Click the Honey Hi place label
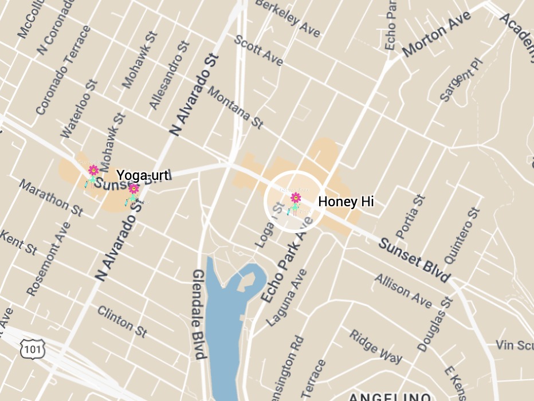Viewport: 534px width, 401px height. click(346, 202)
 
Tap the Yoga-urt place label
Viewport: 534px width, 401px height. click(143, 175)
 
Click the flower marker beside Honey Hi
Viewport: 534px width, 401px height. click(295, 201)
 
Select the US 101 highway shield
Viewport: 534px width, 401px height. click(29, 348)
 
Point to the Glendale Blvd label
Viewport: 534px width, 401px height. click(199, 314)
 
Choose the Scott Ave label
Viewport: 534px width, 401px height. click(258, 50)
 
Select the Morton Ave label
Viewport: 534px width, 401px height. click(436, 34)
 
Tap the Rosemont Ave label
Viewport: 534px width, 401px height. click(49, 258)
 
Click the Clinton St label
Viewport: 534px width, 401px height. click(122, 321)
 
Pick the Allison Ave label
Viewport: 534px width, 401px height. click(403, 289)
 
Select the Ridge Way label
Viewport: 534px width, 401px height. click(376, 345)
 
